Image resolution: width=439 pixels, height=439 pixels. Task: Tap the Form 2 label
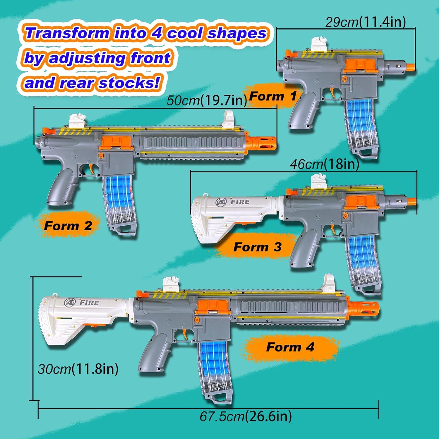[x=68, y=226]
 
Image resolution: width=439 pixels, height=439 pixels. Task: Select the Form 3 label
[x=257, y=247]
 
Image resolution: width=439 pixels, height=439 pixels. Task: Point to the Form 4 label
[x=290, y=347]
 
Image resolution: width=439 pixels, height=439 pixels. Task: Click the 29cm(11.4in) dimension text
[x=366, y=22]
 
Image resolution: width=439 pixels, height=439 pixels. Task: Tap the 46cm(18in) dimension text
[x=325, y=164]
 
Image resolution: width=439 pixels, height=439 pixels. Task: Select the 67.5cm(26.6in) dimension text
[x=246, y=416]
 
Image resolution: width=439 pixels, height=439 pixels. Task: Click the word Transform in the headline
[x=67, y=33]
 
